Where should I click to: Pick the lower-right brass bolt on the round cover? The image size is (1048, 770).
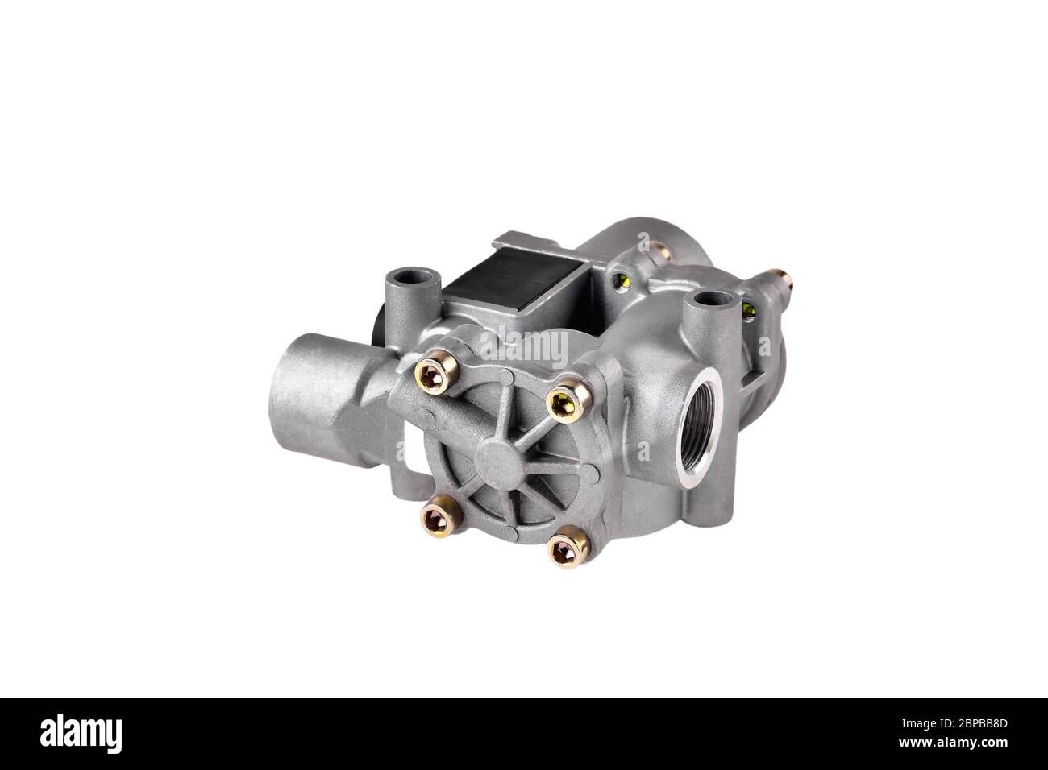[564, 548]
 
